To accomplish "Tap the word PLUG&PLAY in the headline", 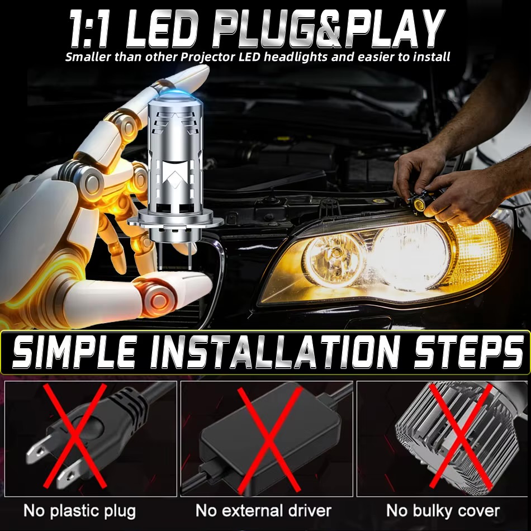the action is pyautogui.click(x=328, y=28).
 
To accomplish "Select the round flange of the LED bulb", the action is pyautogui.click(x=176, y=221).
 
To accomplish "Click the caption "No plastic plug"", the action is pyautogui.click(x=79, y=511).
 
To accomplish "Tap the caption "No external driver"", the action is pyautogui.click(x=263, y=510).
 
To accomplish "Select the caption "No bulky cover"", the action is pyautogui.click(x=443, y=511).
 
